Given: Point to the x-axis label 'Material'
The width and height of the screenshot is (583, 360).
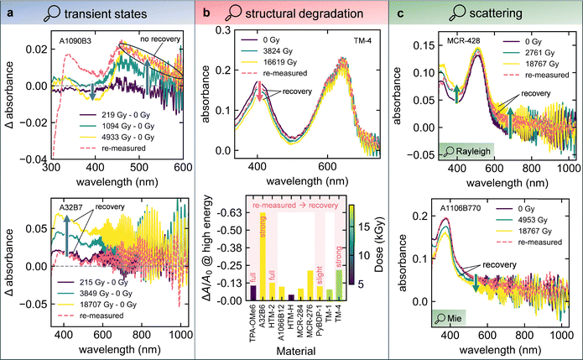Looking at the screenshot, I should [x=289, y=348].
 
